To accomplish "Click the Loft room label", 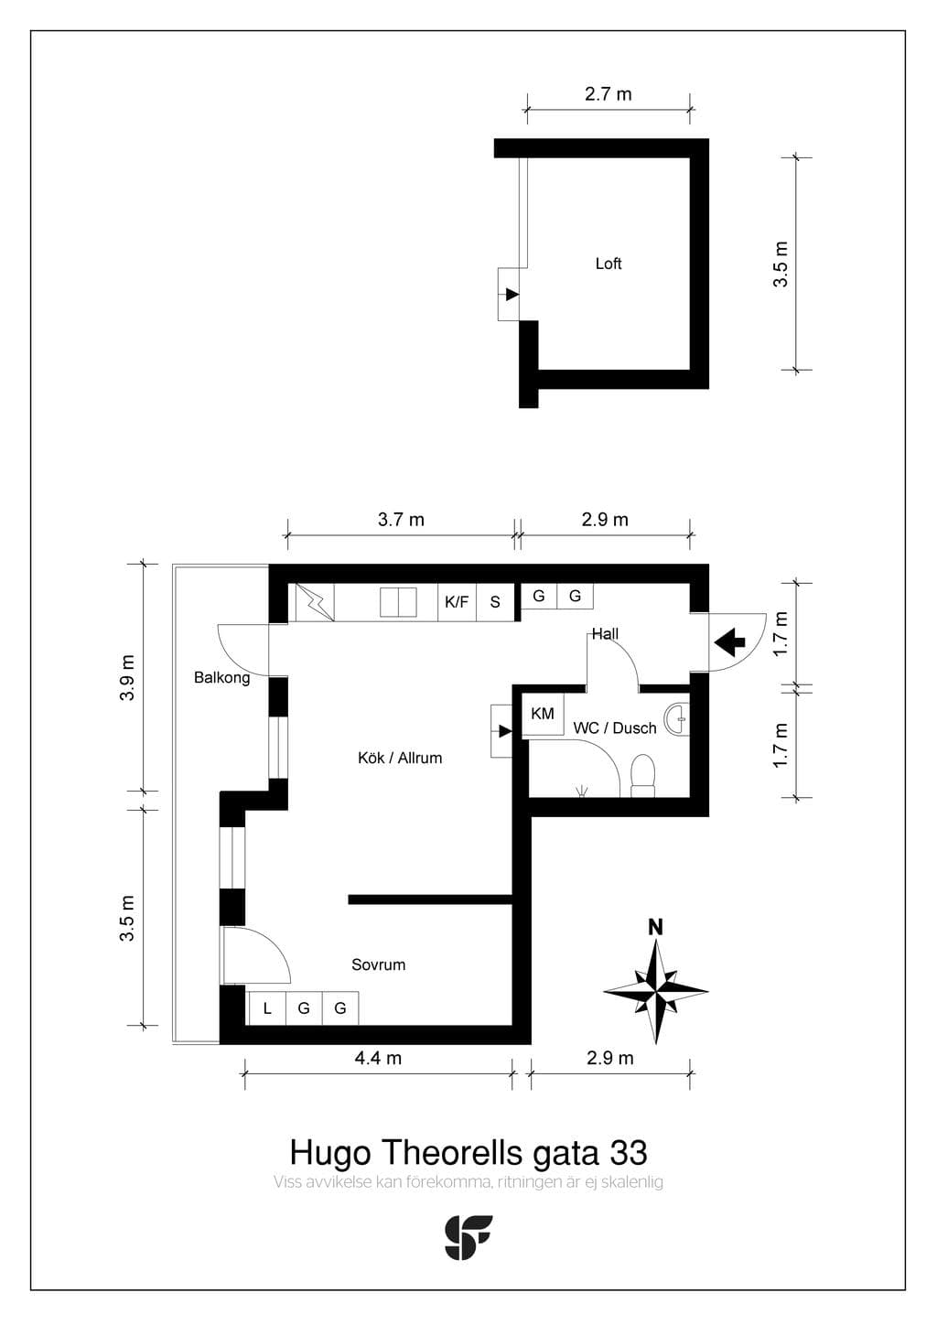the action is pyautogui.click(x=609, y=264).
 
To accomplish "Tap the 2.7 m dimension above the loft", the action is pyautogui.click(x=609, y=94).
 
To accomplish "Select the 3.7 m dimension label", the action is pyautogui.click(x=401, y=520).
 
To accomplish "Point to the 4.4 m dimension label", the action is pyautogui.click(x=378, y=1058).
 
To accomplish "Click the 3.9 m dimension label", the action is pyautogui.click(x=128, y=678).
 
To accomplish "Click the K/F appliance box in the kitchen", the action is pyautogui.click(x=457, y=602).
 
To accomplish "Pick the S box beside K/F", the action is pyautogui.click(x=495, y=602).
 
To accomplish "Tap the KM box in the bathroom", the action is pyautogui.click(x=543, y=714).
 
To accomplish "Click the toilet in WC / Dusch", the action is pyautogui.click(x=643, y=775).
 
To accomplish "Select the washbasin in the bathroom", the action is pyautogui.click(x=677, y=718).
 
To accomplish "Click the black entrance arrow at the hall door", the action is pyautogui.click(x=730, y=642).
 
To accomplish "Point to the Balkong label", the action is pyautogui.click(x=221, y=678).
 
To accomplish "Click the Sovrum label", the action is pyautogui.click(x=379, y=964).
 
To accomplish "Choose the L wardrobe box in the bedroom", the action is pyautogui.click(x=267, y=1008).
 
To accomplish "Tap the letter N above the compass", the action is pyautogui.click(x=655, y=927).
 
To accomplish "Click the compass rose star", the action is pyautogui.click(x=656, y=990).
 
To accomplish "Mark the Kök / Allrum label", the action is pyautogui.click(x=400, y=758).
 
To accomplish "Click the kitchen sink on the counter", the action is pyautogui.click(x=398, y=602).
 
